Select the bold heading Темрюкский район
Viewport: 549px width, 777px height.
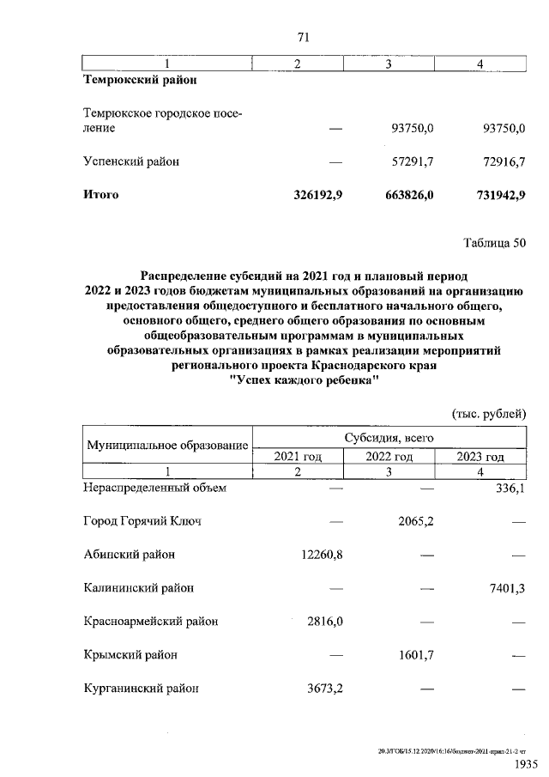point(139,80)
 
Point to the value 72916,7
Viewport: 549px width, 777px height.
point(500,161)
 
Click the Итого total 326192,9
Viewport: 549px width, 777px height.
point(313,195)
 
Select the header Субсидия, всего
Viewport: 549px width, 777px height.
point(389,437)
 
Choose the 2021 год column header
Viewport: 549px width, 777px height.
point(297,456)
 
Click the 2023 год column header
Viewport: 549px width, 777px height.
point(480,456)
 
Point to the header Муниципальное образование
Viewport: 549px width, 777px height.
point(167,446)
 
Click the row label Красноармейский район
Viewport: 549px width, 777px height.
point(150,621)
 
